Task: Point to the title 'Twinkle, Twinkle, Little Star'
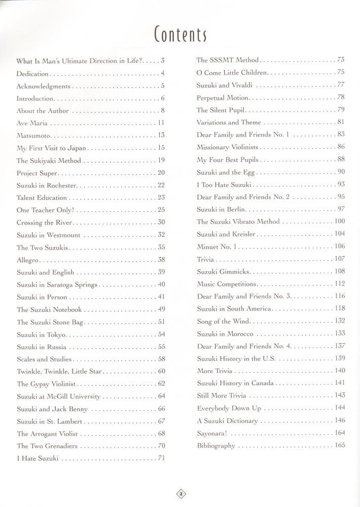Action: [60, 371]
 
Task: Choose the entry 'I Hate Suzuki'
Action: [38, 458]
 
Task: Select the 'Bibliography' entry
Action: [216, 446]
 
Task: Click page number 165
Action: [339, 445]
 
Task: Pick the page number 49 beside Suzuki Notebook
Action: [161, 309]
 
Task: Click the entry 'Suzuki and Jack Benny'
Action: [52, 409]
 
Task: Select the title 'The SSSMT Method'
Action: [227, 60]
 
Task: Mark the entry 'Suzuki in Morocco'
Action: [225, 334]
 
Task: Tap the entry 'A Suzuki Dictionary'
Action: [227, 421]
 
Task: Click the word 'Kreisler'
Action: [244, 234]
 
